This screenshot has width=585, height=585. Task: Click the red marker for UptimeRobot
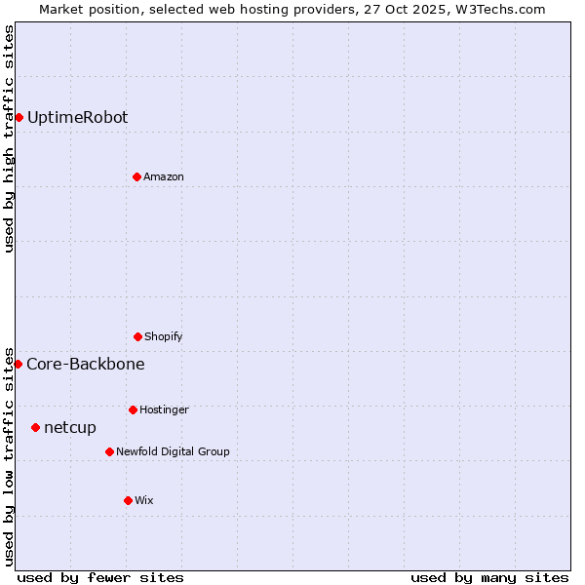click(19, 117)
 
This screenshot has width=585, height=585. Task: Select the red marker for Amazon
click(136, 176)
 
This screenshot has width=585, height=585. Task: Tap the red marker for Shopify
click(137, 336)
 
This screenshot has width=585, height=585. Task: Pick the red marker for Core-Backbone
click(18, 364)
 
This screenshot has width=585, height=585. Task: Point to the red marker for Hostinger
click(133, 409)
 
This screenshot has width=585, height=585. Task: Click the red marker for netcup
click(35, 427)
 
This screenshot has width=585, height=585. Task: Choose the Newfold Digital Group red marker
click(109, 451)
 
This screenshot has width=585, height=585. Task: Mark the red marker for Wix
click(128, 500)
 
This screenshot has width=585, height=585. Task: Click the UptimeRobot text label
click(77, 117)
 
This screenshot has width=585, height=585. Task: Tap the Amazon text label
click(164, 176)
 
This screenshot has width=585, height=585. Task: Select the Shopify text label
click(164, 336)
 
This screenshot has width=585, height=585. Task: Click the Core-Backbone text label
click(86, 364)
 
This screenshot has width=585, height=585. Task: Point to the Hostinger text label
click(164, 409)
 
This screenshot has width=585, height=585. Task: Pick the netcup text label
click(70, 427)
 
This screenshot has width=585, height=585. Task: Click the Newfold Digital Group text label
click(173, 451)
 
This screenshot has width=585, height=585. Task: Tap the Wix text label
click(144, 500)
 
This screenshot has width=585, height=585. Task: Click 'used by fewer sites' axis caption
click(100, 577)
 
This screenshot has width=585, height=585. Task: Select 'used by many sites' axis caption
click(489, 577)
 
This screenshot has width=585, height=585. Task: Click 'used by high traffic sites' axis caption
click(9, 138)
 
